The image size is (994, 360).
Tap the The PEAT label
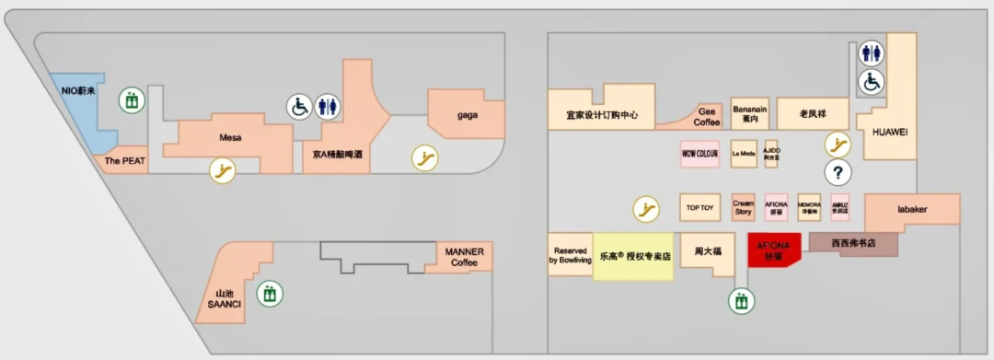(x=125, y=160)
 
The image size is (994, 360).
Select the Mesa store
(x=230, y=138)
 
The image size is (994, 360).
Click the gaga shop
(x=467, y=115)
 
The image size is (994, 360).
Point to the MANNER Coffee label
(x=464, y=257)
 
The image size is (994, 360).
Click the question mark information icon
(x=838, y=171)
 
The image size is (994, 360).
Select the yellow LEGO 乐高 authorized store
(x=633, y=257)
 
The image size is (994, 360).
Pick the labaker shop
(x=912, y=209)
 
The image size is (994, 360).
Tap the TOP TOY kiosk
(x=699, y=207)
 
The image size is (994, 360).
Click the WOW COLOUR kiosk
(x=699, y=153)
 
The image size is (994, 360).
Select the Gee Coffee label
(x=706, y=117)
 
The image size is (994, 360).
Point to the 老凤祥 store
(x=811, y=113)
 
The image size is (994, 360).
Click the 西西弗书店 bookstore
(x=852, y=245)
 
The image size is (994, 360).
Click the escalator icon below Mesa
(x=222, y=169)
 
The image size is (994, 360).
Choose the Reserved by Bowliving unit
(x=571, y=255)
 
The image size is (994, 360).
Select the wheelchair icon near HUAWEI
(x=871, y=83)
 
